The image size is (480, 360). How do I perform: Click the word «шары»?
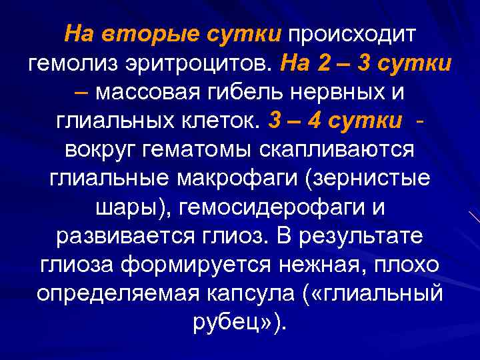[x=123, y=209]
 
